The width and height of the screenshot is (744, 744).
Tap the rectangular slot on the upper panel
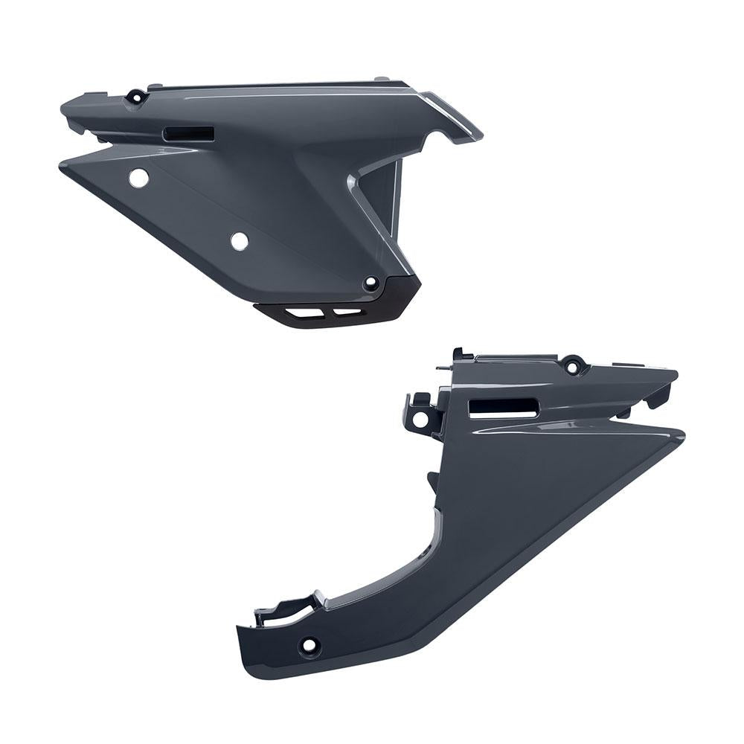click(187, 133)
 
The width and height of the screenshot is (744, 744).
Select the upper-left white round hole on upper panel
click(138, 179)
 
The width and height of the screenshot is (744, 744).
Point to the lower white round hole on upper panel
click(239, 241)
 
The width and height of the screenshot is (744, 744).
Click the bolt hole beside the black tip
click(372, 283)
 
